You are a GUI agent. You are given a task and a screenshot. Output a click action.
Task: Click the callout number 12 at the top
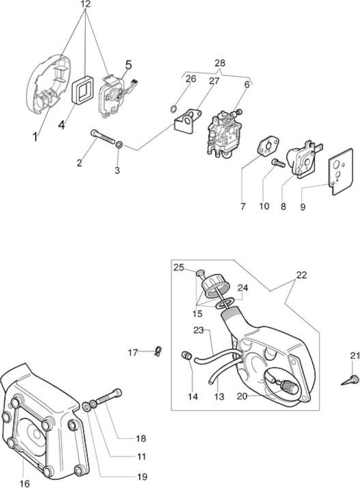click(85, 4)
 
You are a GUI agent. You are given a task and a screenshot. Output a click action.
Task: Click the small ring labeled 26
click(174, 109)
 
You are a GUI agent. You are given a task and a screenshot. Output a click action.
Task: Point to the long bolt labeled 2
click(102, 137)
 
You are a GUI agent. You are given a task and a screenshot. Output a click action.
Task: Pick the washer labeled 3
click(119, 145)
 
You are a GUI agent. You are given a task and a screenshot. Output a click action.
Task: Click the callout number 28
click(220, 63)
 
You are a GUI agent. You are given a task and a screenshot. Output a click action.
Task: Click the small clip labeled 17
click(158, 352)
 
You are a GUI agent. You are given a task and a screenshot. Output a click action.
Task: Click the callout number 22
click(301, 275)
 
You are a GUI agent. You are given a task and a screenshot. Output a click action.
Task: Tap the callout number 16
click(25, 483)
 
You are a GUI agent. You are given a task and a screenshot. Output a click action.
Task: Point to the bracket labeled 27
click(187, 121)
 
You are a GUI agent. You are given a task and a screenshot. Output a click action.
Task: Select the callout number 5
click(128, 65)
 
